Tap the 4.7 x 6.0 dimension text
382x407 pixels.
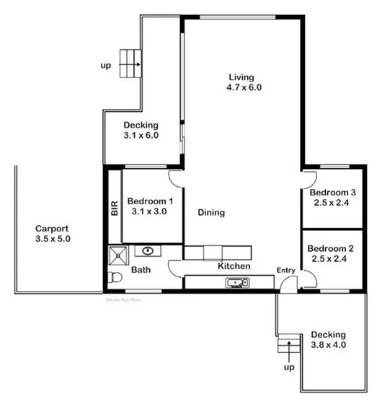[x=243, y=88]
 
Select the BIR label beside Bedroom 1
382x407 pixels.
[x=114, y=208]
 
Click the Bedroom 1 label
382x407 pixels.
[x=150, y=201]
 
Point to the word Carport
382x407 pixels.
[x=53, y=227]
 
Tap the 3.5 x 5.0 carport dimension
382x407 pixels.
[x=53, y=238]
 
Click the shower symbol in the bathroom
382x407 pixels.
[x=116, y=253]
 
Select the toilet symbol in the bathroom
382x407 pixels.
[x=112, y=278]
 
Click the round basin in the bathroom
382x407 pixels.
[x=148, y=250]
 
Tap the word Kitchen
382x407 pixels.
[x=234, y=267]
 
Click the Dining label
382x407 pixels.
[x=211, y=213]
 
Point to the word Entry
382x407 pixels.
[x=286, y=271]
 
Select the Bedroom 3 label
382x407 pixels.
[x=333, y=193]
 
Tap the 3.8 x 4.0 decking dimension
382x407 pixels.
[x=329, y=346]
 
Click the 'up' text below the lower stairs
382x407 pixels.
[x=289, y=367]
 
